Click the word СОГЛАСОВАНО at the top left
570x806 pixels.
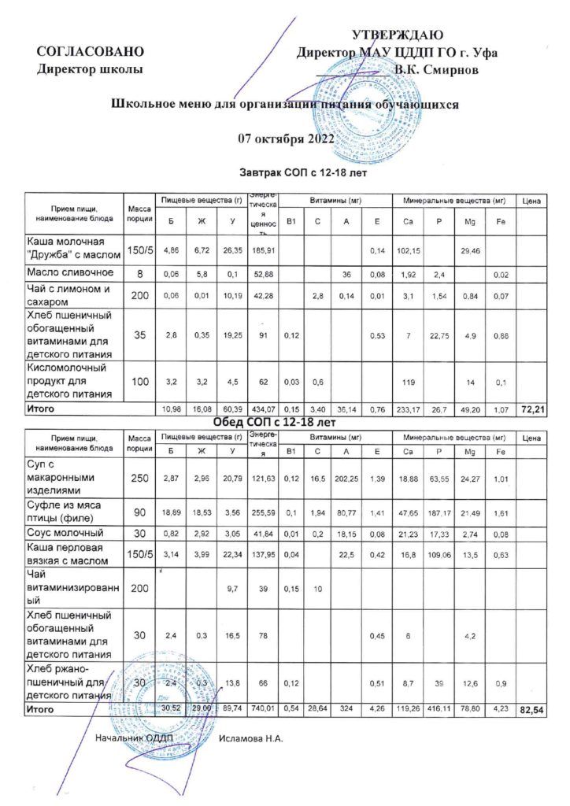(91, 52)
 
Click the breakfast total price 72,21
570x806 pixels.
(532, 410)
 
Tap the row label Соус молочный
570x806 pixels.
(64, 534)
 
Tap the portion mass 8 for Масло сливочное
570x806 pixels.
(139, 272)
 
